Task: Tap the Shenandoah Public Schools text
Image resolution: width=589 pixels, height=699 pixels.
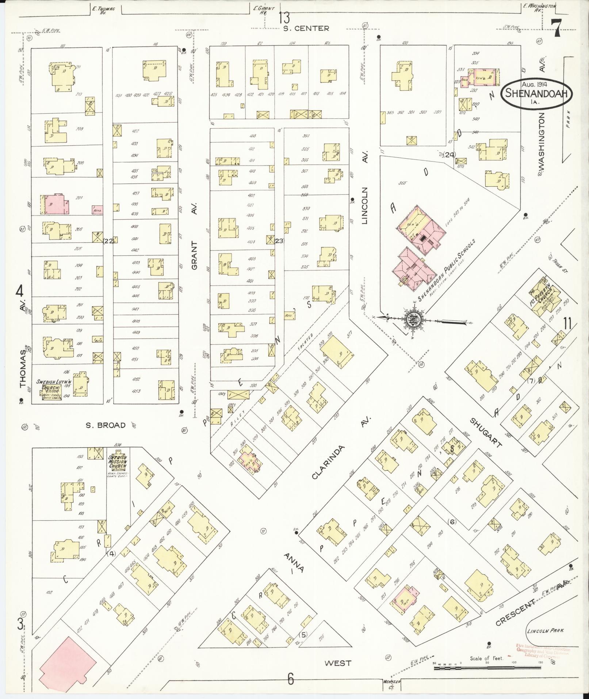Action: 448,270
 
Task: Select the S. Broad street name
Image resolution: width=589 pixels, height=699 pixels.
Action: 106,425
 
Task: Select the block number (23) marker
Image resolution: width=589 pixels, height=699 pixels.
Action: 279,240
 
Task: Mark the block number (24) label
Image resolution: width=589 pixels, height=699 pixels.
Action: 450,155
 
